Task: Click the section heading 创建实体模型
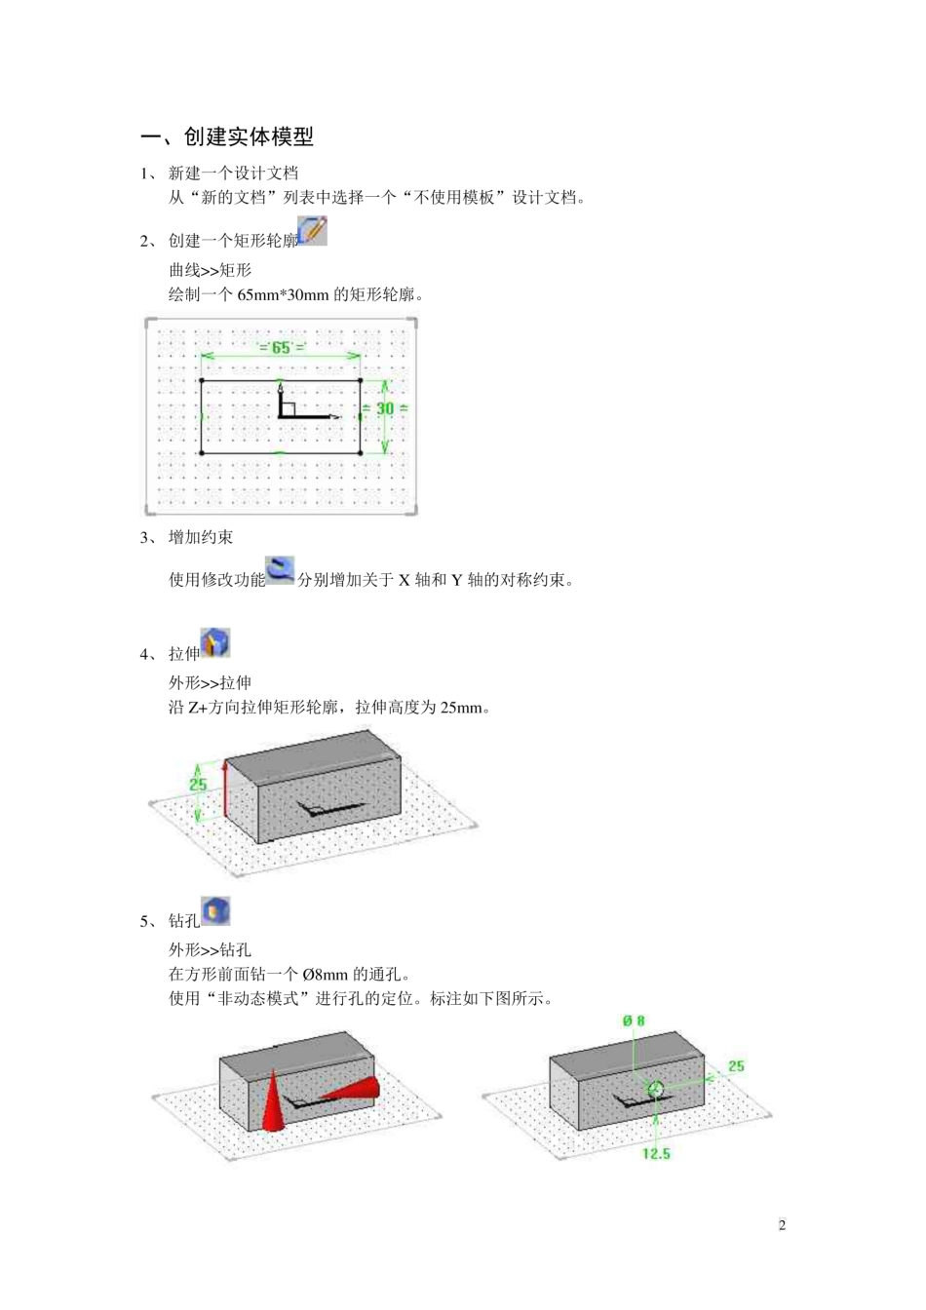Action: (x=249, y=137)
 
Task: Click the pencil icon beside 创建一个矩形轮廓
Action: (x=312, y=231)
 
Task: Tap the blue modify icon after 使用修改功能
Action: (x=280, y=571)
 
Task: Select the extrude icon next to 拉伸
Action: (x=214, y=643)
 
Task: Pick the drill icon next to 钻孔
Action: (x=214, y=911)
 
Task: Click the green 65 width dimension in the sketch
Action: (x=281, y=348)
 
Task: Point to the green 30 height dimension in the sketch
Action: (x=385, y=408)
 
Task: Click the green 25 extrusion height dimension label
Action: (x=198, y=784)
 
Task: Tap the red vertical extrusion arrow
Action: (x=225, y=790)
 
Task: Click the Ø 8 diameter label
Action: (x=634, y=1021)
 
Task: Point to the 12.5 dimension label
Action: (x=656, y=1154)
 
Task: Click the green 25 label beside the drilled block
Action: (x=736, y=1066)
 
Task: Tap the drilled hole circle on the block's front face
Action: (x=656, y=1089)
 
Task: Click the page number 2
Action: (x=782, y=1225)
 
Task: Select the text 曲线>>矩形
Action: (x=211, y=270)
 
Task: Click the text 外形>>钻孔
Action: (x=211, y=949)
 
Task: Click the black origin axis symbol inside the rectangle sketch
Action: (x=292, y=407)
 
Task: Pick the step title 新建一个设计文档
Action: (x=234, y=173)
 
